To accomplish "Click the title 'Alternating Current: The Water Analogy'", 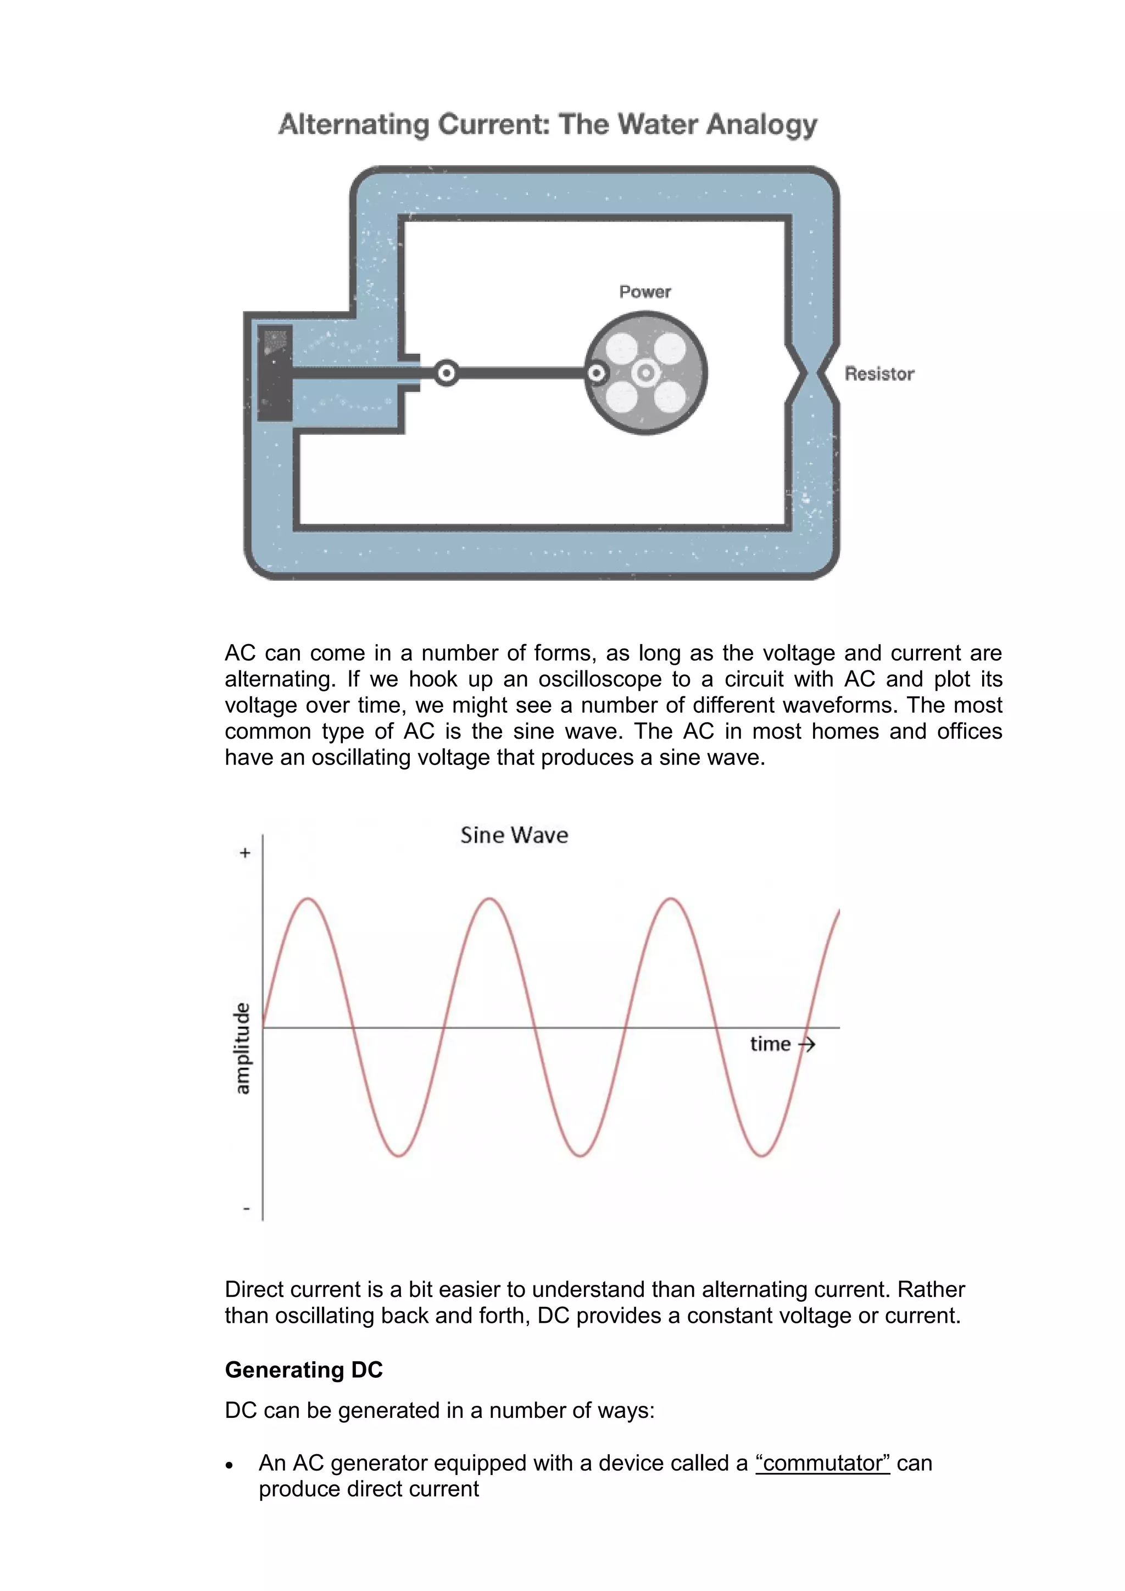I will pyautogui.click(x=547, y=125).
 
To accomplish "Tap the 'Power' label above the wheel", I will pyautogui.click(x=645, y=292).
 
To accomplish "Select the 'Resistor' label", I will pyautogui.click(x=879, y=374).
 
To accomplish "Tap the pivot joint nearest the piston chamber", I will pyautogui.click(x=447, y=374).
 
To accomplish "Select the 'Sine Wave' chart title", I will pyautogui.click(x=514, y=835).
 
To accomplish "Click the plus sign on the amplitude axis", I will pyautogui.click(x=244, y=853).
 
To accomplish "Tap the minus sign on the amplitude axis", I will pyautogui.click(x=246, y=1209).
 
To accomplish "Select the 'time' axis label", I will pyautogui.click(x=770, y=1044).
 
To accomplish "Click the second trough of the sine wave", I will pyautogui.click(x=581, y=1156).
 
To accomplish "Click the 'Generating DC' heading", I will pyautogui.click(x=303, y=1370).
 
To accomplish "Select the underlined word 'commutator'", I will pyautogui.click(x=822, y=1463).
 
